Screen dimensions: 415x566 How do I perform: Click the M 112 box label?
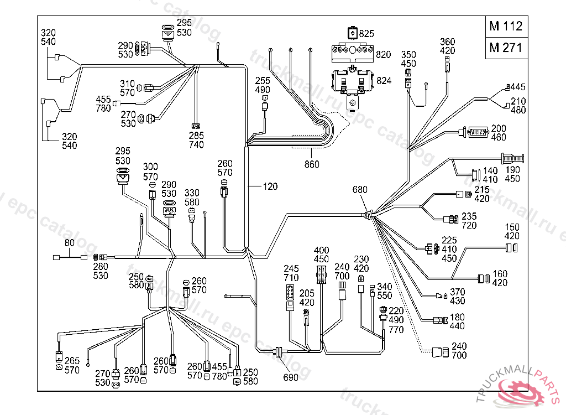505,26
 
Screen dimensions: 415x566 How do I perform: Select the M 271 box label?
505,48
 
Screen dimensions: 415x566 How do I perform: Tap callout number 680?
360,190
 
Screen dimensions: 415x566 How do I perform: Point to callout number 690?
291,377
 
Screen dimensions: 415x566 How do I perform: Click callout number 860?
312,164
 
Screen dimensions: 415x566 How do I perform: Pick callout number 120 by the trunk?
270,186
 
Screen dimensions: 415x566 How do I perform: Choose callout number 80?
70,242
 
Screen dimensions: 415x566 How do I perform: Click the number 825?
366,34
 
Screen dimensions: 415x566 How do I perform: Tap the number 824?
384,81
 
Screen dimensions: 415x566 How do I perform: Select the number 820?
384,54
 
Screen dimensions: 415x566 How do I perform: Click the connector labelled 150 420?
512,247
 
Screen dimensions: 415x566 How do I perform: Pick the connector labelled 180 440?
440,320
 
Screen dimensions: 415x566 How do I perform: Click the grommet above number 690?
279,351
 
